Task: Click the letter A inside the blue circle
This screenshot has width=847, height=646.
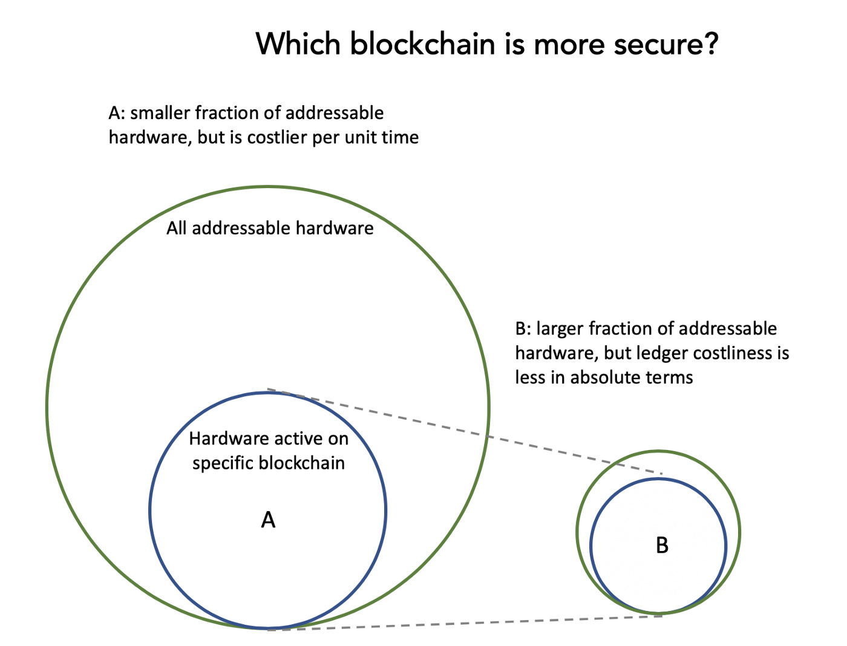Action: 268,520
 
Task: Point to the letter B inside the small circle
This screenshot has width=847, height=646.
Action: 662,546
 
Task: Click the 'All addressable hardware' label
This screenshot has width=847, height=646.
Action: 270,228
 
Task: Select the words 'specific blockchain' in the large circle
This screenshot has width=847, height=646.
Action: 269,463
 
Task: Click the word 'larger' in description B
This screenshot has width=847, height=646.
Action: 560,330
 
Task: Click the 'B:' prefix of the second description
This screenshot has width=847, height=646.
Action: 523,328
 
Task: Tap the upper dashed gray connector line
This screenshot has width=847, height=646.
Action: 465,431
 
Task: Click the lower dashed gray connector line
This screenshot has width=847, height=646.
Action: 465,623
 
